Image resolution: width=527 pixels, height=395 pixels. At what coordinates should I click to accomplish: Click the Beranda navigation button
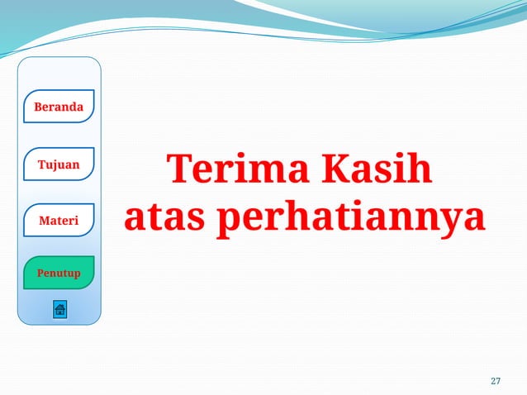click(x=59, y=107)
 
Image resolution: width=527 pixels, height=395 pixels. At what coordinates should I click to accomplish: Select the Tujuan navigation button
click(x=59, y=164)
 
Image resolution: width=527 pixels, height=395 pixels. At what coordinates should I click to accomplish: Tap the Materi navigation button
click(x=59, y=221)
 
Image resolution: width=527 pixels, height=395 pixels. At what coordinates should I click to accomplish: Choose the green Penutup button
click(x=59, y=273)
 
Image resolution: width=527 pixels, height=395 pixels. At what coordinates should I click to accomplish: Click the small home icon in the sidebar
click(x=59, y=310)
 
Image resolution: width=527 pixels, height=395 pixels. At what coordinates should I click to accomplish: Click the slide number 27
click(x=496, y=381)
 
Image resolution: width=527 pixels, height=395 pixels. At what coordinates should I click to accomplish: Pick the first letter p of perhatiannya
click(x=232, y=221)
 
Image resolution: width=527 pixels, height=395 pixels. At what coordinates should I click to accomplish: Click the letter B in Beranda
click(x=38, y=107)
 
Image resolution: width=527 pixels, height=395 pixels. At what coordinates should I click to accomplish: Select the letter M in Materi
click(x=44, y=221)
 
